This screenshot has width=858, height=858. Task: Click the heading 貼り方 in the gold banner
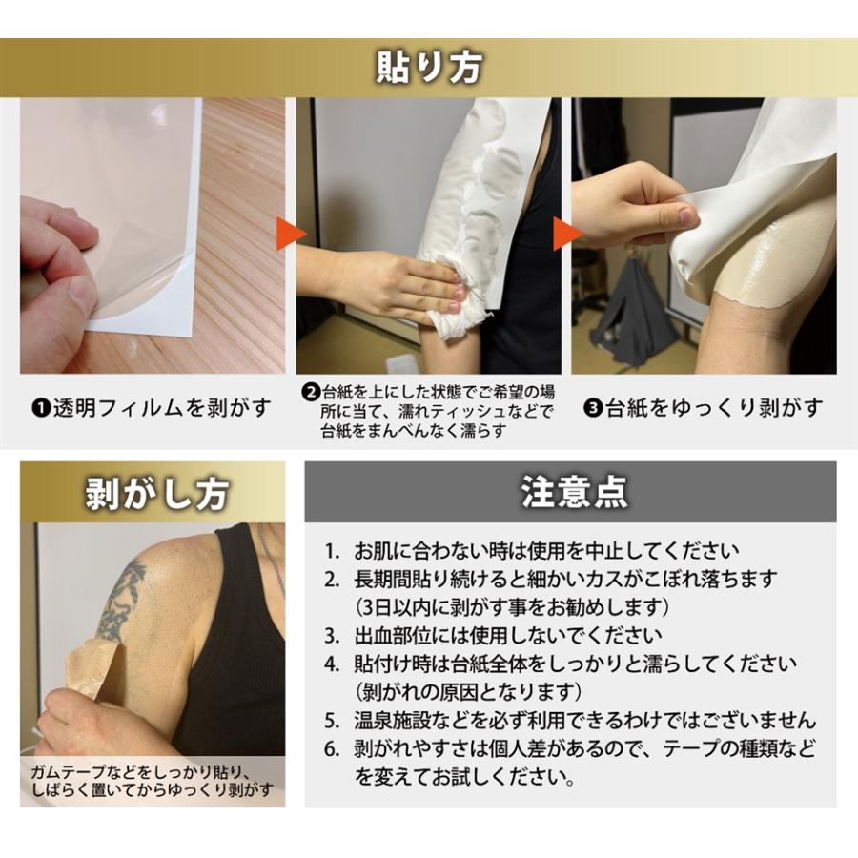click(429, 68)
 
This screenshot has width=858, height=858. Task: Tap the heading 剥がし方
click(156, 494)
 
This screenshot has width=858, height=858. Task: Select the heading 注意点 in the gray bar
click(574, 491)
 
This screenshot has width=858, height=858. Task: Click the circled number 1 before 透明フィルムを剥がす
click(40, 408)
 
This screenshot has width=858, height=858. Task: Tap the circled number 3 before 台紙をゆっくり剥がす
click(593, 408)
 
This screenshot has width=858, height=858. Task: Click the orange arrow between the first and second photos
click(291, 234)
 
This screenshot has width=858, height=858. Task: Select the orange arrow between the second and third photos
click(567, 234)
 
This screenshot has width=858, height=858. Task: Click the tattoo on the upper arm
click(121, 601)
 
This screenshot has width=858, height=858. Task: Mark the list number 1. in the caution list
click(331, 551)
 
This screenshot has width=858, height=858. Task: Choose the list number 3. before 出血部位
click(331, 636)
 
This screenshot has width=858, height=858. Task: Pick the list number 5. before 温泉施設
click(331, 721)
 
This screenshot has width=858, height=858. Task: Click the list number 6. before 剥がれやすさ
click(331, 748)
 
